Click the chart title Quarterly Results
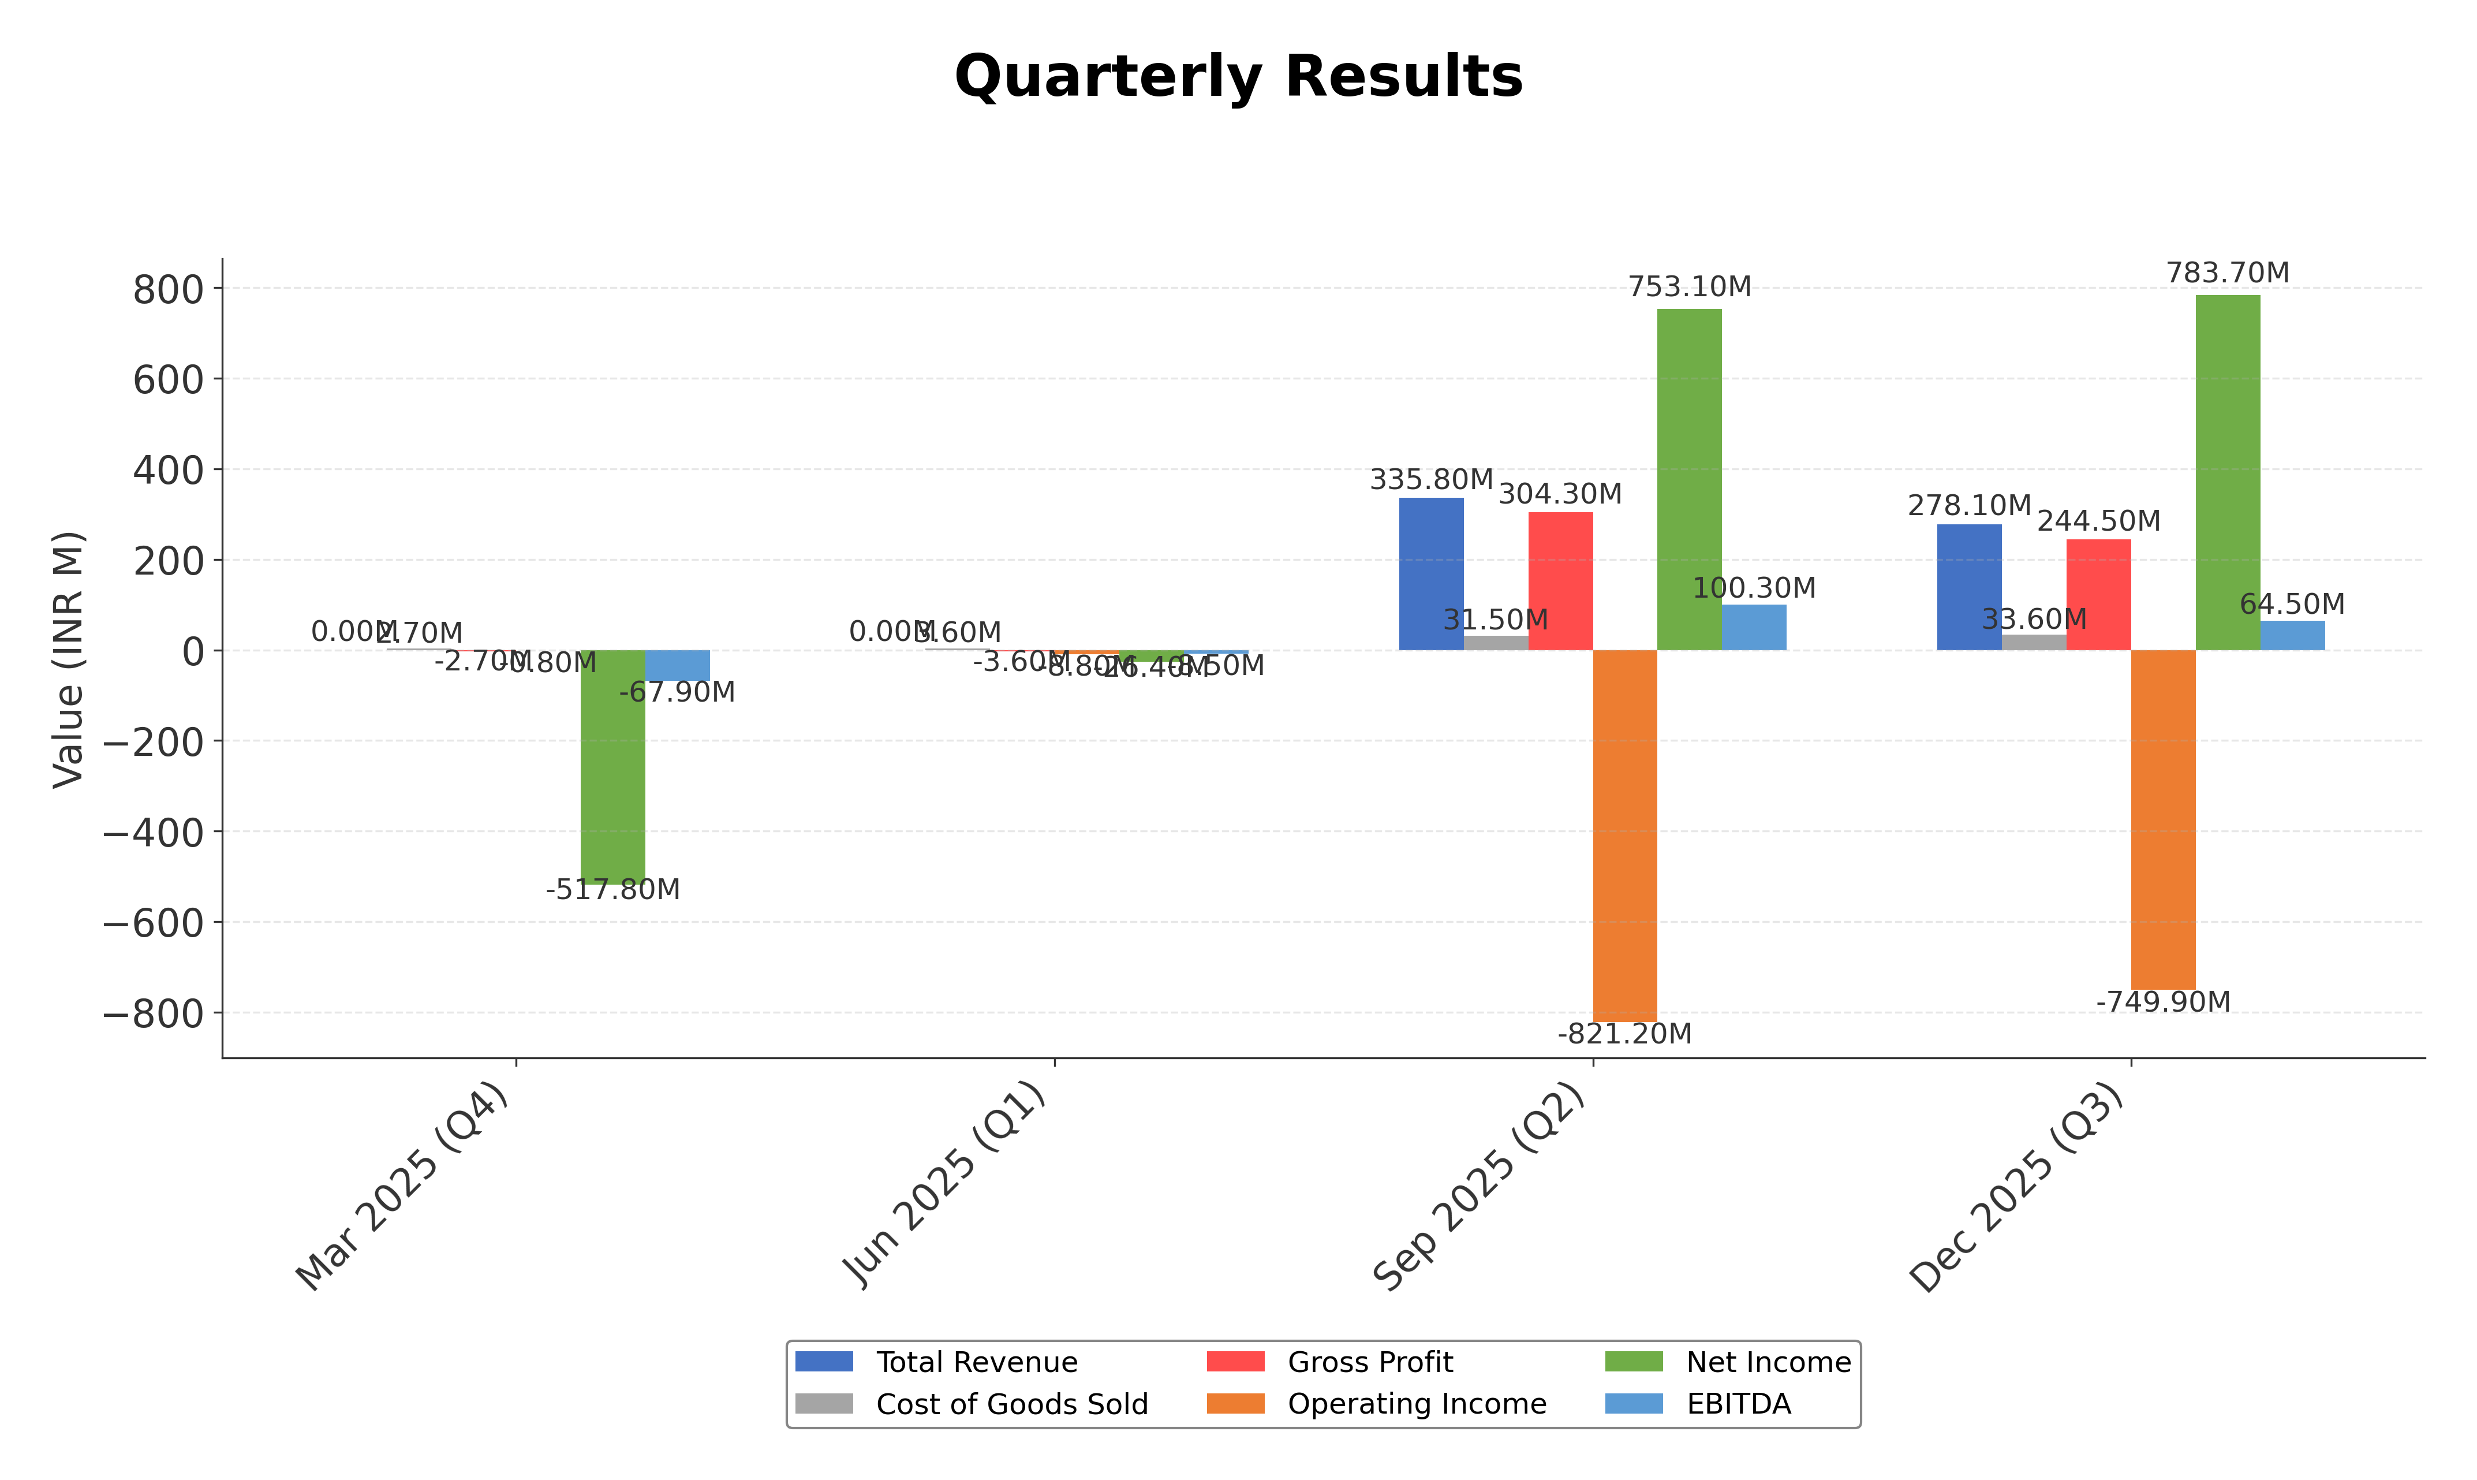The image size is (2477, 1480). coord(1238,77)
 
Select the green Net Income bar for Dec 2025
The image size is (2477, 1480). coord(2228,473)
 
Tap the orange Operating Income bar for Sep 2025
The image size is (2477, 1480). coord(1625,836)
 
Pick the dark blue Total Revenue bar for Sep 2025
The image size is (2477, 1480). coord(1432,575)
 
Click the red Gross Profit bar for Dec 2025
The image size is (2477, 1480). coord(2098,595)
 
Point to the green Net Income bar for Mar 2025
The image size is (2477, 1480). coord(613,766)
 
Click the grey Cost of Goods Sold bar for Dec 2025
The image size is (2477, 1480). coord(2034,642)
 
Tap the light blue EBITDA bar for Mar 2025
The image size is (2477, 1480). coord(678,665)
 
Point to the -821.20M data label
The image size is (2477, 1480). coord(1625,1034)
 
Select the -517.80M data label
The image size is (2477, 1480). coord(613,890)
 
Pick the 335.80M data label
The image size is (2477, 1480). coord(1432,480)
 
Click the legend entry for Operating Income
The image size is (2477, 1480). coord(1415,1404)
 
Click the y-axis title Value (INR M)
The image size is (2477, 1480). coord(68,659)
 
